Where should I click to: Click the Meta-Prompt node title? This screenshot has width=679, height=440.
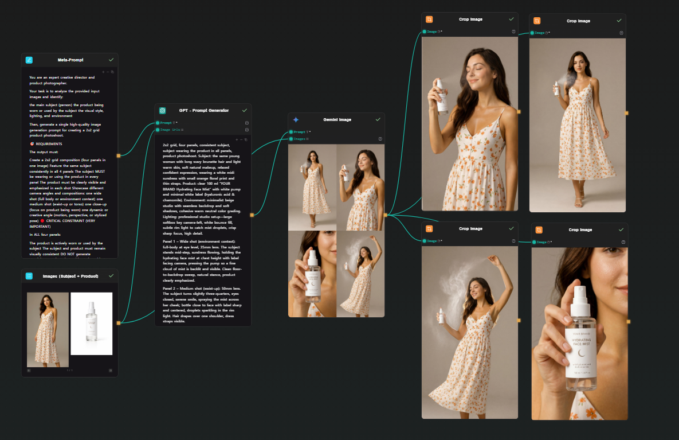pos(70,60)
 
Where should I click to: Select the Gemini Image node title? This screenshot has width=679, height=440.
pos(337,119)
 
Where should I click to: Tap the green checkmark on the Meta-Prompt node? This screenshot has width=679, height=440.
pos(111,60)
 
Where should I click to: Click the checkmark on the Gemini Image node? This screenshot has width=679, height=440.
pos(378,119)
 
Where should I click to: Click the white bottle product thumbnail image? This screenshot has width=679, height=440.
pos(92,324)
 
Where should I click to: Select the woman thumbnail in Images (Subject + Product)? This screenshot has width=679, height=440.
pos(48,329)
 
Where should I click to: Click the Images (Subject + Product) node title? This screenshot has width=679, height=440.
pos(70,276)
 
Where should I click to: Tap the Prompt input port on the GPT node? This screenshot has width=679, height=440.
pos(158,123)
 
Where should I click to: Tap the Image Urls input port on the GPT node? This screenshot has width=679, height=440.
pos(158,130)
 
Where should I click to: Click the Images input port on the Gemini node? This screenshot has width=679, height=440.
pos(291,139)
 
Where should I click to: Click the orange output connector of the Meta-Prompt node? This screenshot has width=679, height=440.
pos(119,155)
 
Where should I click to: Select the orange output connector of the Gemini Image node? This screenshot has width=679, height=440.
pos(386,215)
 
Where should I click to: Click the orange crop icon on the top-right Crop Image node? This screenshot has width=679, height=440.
pos(537,21)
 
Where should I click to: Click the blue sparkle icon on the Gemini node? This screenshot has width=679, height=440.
pos(296,119)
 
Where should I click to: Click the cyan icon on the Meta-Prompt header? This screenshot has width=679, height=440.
pos(29,60)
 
